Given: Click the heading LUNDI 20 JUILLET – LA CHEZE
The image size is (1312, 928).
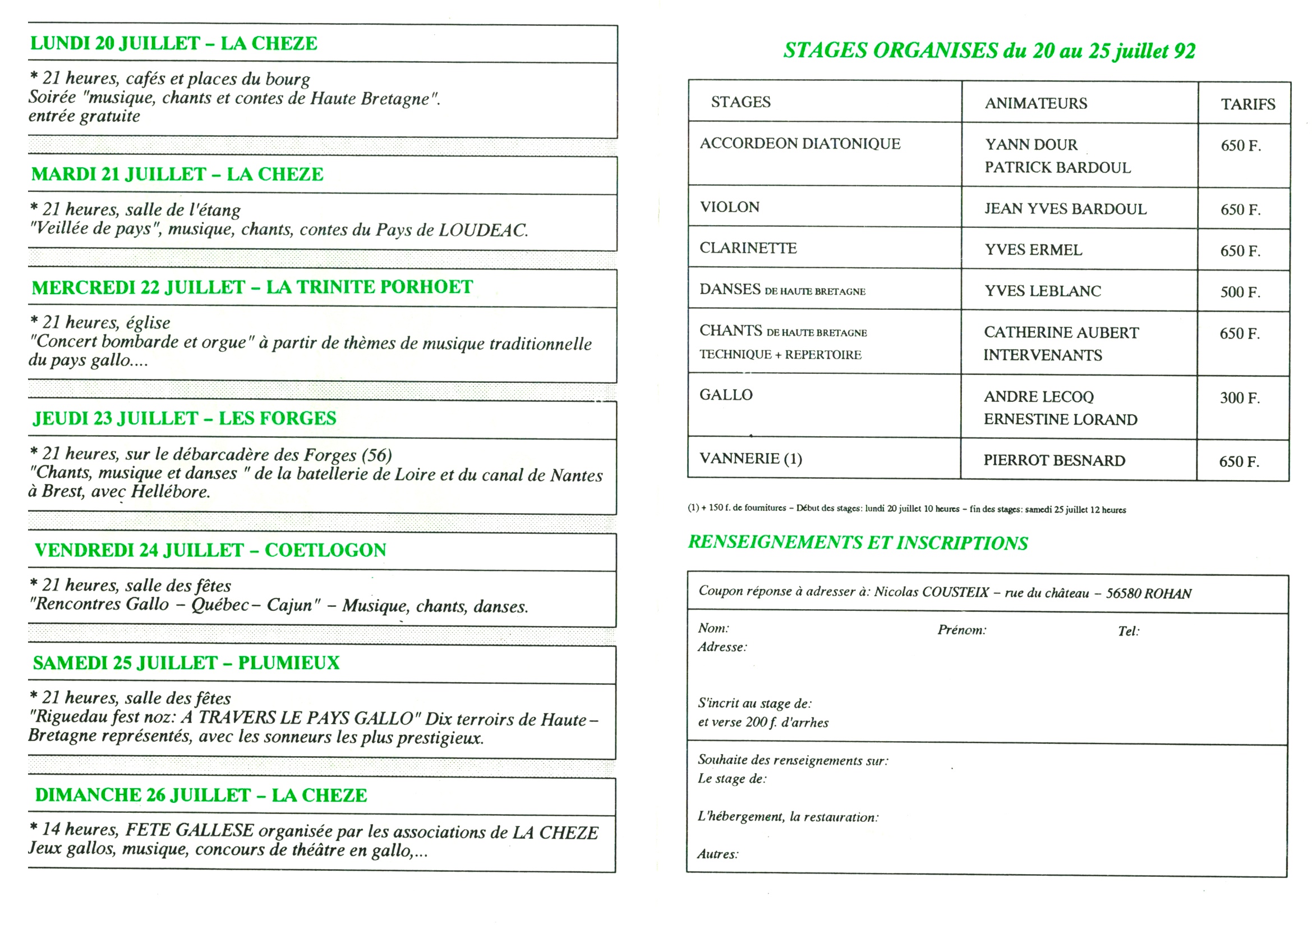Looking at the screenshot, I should coord(174,43).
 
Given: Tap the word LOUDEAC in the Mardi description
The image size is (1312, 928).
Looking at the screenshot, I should coord(483,230).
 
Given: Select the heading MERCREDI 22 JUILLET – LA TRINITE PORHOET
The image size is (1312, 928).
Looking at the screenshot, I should coord(252,287).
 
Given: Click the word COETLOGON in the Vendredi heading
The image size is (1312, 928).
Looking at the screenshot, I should coord(325,550).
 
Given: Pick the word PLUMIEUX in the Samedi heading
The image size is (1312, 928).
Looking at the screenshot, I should coord(288,662).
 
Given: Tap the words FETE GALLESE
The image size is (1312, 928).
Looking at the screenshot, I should coord(189,830).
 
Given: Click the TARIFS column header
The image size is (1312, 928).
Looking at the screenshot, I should coord(1247,104).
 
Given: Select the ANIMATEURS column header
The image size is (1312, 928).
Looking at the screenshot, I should coord(1035,103).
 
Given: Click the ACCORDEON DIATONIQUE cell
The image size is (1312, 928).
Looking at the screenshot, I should coord(799,144).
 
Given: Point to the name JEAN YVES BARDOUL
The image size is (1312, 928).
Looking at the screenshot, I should coord(1065,209).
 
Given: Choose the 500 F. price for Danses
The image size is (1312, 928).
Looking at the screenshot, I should coord(1240,292).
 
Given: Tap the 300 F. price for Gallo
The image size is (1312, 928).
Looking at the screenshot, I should coord(1240,398).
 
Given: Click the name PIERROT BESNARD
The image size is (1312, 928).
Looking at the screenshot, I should coord(1054,460).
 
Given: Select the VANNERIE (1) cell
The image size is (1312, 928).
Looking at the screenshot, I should coord(751,459).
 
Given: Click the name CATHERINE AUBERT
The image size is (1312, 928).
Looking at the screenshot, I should coord(1061,332).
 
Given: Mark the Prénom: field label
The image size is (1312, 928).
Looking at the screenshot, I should coord(961,630).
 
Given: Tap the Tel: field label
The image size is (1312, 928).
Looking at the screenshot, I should coord(1128,631).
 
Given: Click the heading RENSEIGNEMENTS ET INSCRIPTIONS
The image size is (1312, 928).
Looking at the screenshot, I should coord(857,543).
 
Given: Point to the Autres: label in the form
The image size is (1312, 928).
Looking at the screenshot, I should coord(717,854).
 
